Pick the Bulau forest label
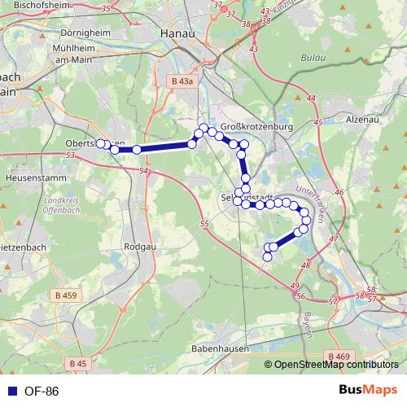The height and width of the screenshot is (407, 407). click(x=313, y=59)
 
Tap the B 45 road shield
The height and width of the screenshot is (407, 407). click(x=78, y=363)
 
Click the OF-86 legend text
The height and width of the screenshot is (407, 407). click(x=42, y=392)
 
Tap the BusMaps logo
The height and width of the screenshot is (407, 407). click(x=369, y=391)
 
